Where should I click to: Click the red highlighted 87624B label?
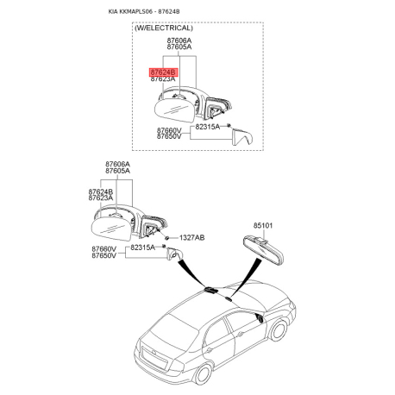coord(164,72)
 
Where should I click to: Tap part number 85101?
coord(263,226)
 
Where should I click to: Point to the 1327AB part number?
coord(192,238)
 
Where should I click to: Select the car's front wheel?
coord(278,330)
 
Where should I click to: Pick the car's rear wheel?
coord(203,374)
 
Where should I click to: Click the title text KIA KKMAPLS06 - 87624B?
coord(144,11)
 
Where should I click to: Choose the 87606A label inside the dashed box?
coord(179,40)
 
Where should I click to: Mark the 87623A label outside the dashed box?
coord(101,198)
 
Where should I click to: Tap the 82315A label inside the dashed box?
coord(208,127)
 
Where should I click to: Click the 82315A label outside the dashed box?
coord(142,248)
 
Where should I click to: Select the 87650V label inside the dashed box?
coord(169,136)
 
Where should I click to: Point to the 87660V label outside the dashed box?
coord(104,249)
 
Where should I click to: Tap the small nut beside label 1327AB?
coord(166,238)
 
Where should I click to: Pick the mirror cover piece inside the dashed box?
coord(242,137)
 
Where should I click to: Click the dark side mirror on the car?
coord(260,317)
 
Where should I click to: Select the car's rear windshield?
coord(172,330)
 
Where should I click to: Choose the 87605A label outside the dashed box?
coord(117,171)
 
